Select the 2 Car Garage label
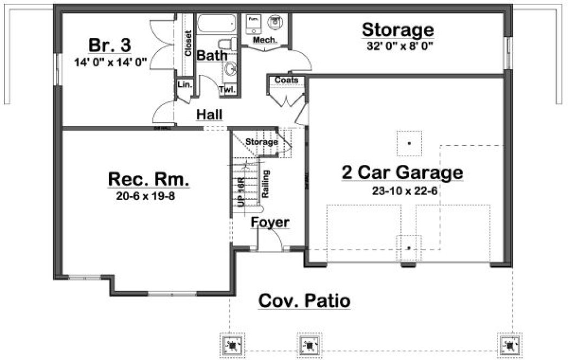pos(402,172)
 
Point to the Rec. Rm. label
pos(149,179)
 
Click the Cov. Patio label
pos(304,300)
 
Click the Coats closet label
pos(286,80)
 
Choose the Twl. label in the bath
pos(227,90)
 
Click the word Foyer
pos(269,223)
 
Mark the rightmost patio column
pos(508,344)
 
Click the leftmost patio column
pos(233,344)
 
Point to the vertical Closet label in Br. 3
pos(188,43)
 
